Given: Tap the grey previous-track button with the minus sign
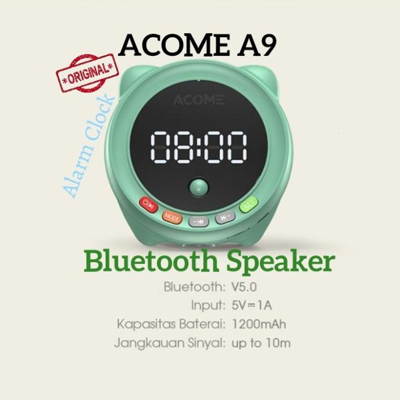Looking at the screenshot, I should point(198,221).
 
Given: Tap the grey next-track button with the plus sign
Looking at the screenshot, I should point(226,218).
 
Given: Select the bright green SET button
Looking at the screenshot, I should point(249,204).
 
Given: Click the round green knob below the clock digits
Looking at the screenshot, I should point(199,190).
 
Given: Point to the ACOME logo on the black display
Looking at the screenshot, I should point(198,99).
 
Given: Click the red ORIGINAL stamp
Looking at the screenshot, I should point(87,75).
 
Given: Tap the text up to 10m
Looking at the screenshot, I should point(260,343).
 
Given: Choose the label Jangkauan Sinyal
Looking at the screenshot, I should point(169,343).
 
